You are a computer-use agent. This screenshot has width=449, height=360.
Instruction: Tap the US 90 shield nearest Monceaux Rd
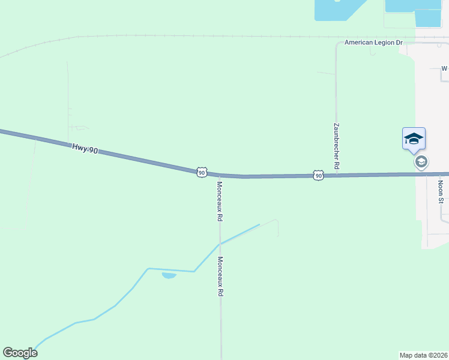[202, 172]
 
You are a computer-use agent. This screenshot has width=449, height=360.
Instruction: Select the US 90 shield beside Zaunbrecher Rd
[318, 175]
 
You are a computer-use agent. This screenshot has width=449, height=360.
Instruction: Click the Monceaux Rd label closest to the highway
[220, 202]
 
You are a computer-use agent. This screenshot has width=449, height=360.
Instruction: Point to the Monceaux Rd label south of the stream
[220, 277]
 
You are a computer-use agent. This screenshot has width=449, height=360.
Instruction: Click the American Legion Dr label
[373, 43]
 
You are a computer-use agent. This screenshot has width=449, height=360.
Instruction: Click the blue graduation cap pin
[414, 138]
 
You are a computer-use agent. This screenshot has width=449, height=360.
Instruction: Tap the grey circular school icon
[421, 162]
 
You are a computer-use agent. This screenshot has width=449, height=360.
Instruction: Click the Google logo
[20, 353]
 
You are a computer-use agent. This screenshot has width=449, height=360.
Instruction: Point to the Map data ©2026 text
[424, 355]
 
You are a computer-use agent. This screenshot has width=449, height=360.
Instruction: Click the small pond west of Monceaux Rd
[169, 275]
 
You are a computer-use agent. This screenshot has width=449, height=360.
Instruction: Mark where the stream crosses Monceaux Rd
[220, 244]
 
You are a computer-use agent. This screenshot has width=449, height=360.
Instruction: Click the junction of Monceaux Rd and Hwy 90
[220, 175]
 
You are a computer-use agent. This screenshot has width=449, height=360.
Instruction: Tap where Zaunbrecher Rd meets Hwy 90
[336, 175]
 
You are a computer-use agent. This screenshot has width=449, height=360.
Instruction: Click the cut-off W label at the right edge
[445, 68]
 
